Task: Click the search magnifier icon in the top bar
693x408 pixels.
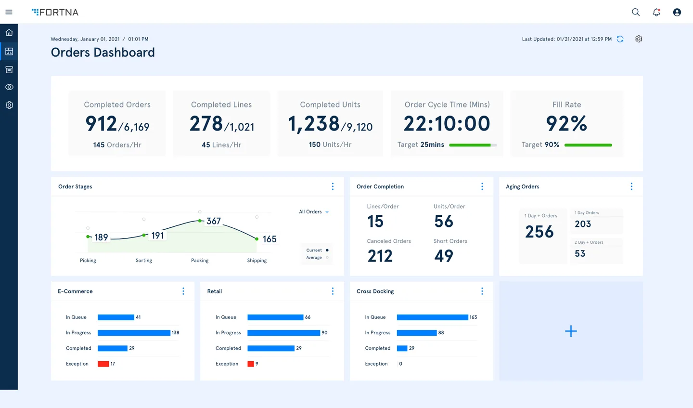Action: (636, 13)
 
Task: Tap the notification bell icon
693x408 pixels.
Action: (656, 13)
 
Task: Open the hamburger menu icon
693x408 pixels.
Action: (9, 12)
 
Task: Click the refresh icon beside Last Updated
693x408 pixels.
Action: (620, 39)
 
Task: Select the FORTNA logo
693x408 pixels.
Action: (55, 12)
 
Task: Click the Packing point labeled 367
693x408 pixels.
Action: (200, 221)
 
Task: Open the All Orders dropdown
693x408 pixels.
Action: (314, 212)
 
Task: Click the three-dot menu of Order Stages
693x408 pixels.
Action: (333, 186)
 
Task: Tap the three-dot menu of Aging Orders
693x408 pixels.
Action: (631, 186)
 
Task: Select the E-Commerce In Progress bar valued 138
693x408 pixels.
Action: (134, 333)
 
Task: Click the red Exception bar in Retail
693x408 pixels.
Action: (251, 364)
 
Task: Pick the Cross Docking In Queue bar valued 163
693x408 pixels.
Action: (432, 317)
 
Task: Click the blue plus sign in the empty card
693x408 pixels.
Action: (571, 331)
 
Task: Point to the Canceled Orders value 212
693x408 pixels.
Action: (380, 256)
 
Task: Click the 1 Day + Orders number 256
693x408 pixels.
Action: (539, 232)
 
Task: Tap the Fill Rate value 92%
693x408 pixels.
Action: (566, 124)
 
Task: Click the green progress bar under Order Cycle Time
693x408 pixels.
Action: (470, 145)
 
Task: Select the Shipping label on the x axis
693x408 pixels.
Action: (257, 261)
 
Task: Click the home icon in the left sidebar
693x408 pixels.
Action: (9, 33)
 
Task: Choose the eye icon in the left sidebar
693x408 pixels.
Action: (9, 87)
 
